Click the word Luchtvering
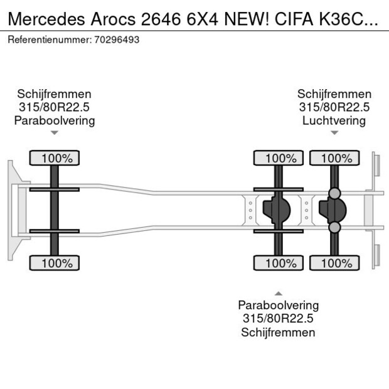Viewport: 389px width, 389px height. coord(334,120)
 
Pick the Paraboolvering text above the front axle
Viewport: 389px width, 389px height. coord(55,120)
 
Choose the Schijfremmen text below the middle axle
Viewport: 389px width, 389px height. coord(278,333)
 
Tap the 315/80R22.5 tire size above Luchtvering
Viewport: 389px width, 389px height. coord(334,107)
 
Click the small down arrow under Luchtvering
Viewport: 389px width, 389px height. coord(334,132)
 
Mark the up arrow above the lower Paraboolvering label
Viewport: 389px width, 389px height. coord(278,293)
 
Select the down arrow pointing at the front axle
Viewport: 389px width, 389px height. coord(55,132)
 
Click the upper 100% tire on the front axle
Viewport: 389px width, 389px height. coord(55,158)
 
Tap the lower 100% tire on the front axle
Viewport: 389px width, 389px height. coord(55,264)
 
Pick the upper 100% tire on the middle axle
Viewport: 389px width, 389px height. coord(278,158)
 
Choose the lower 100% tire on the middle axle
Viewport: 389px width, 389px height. coord(278,264)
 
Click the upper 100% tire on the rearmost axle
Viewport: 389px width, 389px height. coord(334,158)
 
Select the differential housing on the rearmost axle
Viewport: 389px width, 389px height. coord(334,210)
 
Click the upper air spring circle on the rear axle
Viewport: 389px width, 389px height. coord(334,193)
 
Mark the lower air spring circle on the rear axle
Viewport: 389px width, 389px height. coord(334,227)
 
